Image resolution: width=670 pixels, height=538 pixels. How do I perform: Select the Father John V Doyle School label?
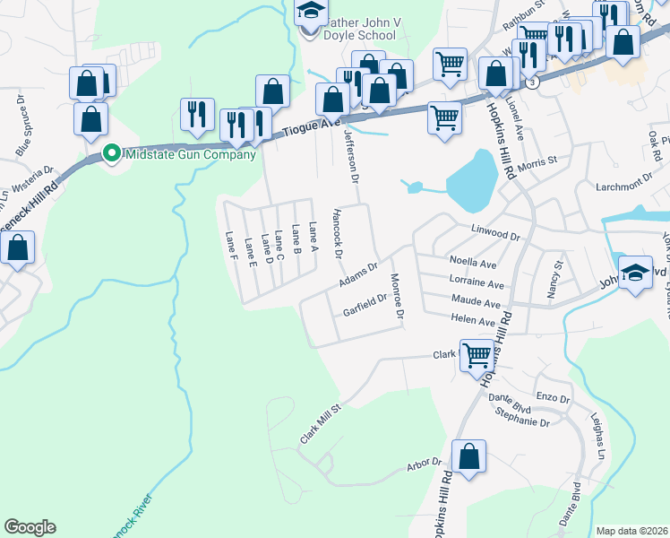pyautogui.click(x=360, y=28)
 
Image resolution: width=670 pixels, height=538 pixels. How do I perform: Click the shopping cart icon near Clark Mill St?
pyautogui.click(x=477, y=355)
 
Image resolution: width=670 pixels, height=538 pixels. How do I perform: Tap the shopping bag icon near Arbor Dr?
pyautogui.click(x=468, y=456)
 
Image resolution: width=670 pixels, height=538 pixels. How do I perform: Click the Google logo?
pyautogui.click(x=30, y=527)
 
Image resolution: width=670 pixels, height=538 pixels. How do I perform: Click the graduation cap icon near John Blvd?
pyautogui.click(x=635, y=272)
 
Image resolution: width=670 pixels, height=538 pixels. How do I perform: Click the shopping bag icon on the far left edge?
pyautogui.click(x=17, y=248)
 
